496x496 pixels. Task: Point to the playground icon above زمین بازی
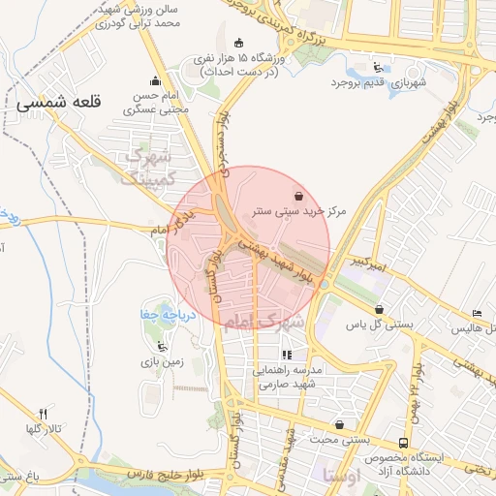161,347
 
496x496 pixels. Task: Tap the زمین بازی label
162,362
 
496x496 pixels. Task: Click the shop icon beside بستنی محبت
339,424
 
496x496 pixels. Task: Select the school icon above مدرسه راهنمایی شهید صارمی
286,355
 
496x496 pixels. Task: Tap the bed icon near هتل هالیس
477,313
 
